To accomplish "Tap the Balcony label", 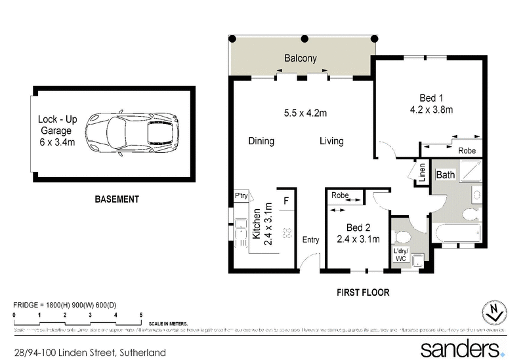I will click(300, 58).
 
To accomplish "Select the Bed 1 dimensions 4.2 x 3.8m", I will click(432, 110).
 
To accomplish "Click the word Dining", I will click(261, 141).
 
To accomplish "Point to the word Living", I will click(331, 141).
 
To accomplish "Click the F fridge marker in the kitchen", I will click(285, 199).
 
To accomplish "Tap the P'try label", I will click(240, 196).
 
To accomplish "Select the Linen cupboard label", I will click(422, 172).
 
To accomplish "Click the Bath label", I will click(446, 175).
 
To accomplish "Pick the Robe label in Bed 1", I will click(467, 150).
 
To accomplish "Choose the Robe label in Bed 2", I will click(340, 195).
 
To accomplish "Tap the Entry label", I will click(310, 240).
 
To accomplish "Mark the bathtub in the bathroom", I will click(457, 233).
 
